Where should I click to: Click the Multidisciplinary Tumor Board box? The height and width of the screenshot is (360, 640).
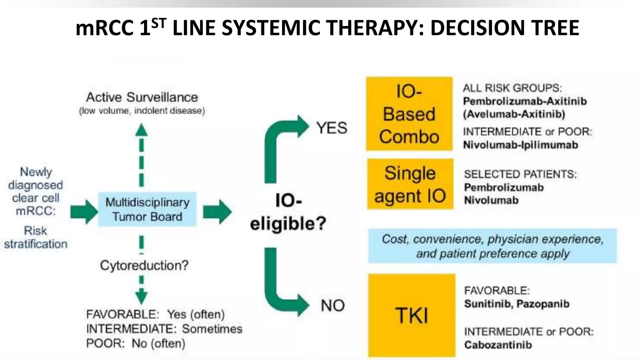[x=147, y=209]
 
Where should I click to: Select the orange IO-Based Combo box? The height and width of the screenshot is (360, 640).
[x=409, y=114]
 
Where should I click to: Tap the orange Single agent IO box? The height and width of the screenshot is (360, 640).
[x=410, y=184]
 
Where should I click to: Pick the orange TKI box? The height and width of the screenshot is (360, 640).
[x=412, y=315]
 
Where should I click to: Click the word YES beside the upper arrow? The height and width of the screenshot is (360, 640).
[x=332, y=128]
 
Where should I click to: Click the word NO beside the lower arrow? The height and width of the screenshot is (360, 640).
[x=332, y=305]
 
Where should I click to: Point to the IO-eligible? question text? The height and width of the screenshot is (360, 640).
[x=288, y=212]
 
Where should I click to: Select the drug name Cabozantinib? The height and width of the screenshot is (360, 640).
[x=498, y=345]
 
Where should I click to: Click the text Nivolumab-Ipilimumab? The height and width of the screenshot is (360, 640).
[x=520, y=145]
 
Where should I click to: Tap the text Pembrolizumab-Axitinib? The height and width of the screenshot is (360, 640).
[x=525, y=101]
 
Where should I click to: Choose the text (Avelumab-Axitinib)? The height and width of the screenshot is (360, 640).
[x=514, y=114]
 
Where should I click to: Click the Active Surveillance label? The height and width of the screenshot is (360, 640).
[x=142, y=97]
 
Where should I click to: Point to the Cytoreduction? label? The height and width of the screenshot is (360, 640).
[x=144, y=265]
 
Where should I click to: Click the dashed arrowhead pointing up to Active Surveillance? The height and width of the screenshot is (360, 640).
[x=141, y=130]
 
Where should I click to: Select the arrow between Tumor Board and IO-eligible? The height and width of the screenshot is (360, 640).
[x=217, y=212]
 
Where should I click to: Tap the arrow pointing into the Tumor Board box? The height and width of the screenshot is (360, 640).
[x=84, y=212]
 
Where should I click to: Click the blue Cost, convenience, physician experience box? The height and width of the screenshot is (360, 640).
[x=492, y=246]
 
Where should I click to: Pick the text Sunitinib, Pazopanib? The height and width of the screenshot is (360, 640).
[x=517, y=304]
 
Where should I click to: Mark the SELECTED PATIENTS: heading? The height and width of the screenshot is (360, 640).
[x=520, y=174]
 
